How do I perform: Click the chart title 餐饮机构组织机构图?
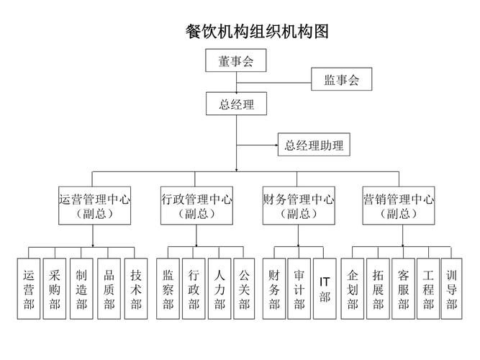pyautogui.click(x=257, y=32)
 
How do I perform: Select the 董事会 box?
pyautogui.click(x=236, y=62)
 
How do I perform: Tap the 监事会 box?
pyautogui.click(x=341, y=80)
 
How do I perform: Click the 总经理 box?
pyautogui.click(x=236, y=105)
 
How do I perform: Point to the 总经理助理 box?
pyautogui.click(x=314, y=145)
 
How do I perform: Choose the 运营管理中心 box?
pyautogui.click(x=94, y=206)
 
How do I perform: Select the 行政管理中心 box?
pyautogui.click(x=196, y=206)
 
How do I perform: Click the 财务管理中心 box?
pyautogui.click(x=298, y=206)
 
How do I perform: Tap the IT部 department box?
pyautogui.click(x=325, y=289)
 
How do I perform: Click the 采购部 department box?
pyautogui.click(x=55, y=289)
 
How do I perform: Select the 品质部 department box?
pyautogui.click(x=109, y=289)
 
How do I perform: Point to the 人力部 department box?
pyautogui.click(x=219, y=289)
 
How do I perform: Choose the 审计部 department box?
pyautogui.click(x=299, y=289)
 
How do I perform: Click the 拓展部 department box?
pyautogui.click(x=378, y=289)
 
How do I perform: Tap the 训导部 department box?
pyautogui.click(x=451, y=289)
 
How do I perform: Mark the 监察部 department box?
pyautogui.click(x=168, y=289)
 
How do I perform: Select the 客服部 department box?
pyautogui.click(x=403, y=289)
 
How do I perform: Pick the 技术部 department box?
pyautogui.click(x=136, y=289)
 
